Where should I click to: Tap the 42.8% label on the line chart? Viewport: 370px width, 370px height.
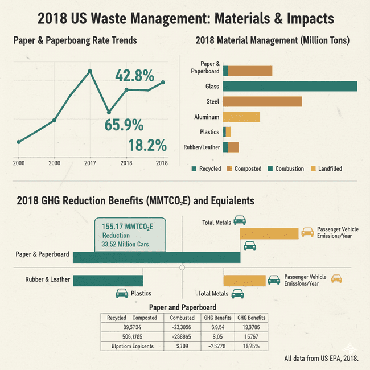tap(135, 75)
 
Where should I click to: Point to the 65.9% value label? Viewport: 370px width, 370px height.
tap(123, 125)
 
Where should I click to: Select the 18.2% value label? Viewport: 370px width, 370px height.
tap(147, 145)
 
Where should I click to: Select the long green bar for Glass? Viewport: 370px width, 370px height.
tap(290, 86)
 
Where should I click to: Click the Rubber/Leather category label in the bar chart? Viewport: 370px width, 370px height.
tap(202, 147)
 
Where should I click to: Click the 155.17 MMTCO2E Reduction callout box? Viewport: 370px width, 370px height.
tap(130, 234)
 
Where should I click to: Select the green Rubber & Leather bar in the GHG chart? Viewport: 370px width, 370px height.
tap(108, 280)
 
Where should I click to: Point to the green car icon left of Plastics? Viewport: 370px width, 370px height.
tap(121, 294)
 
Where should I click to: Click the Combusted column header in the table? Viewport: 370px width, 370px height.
tap(183, 318)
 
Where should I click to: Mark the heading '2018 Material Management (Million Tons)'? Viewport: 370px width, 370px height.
tap(272, 41)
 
